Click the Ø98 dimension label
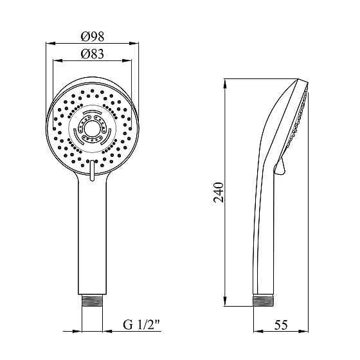click(x=93, y=36)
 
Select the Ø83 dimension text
click(x=93, y=54)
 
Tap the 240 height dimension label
click(x=218, y=192)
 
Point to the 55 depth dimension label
click(x=281, y=325)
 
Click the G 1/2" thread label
click(x=141, y=325)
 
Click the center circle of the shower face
click(x=92, y=129)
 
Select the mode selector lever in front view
click(x=92, y=170)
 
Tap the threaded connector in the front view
click(x=92, y=301)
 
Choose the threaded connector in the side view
click(x=264, y=301)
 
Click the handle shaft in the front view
click(x=92, y=234)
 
